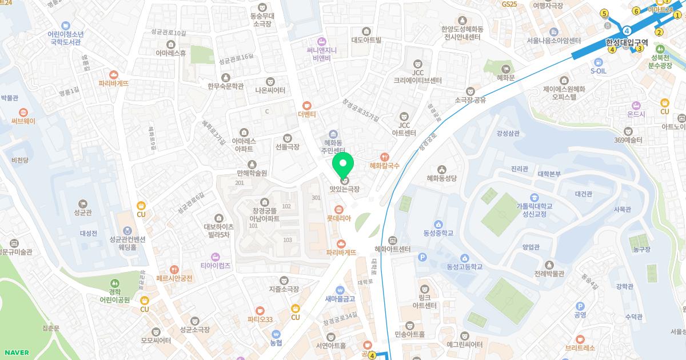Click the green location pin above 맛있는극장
343,165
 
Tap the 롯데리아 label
338,218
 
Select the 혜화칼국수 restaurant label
384,166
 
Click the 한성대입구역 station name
627,42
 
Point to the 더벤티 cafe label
307,114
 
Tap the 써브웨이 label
23,121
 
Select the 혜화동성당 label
441,178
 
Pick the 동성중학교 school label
438,233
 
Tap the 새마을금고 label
340,298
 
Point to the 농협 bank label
276,342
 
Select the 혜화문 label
506,77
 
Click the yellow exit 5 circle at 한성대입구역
604,13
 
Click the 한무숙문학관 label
225,86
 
